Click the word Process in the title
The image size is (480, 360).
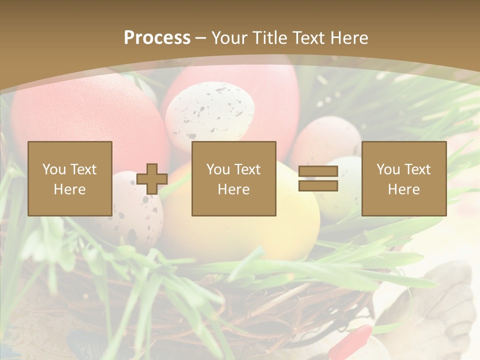[157, 38]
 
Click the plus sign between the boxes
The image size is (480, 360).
[152, 179]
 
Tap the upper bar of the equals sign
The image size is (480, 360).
[318, 171]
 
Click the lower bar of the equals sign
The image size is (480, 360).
[318, 186]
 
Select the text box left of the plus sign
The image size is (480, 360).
[70, 178]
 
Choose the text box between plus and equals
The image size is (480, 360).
[234, 178]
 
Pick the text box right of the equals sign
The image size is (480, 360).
[404, 178]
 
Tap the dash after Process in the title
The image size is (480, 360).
[201, 38]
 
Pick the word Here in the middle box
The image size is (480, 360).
[234, 189]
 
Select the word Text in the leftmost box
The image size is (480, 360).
[83, 169]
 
